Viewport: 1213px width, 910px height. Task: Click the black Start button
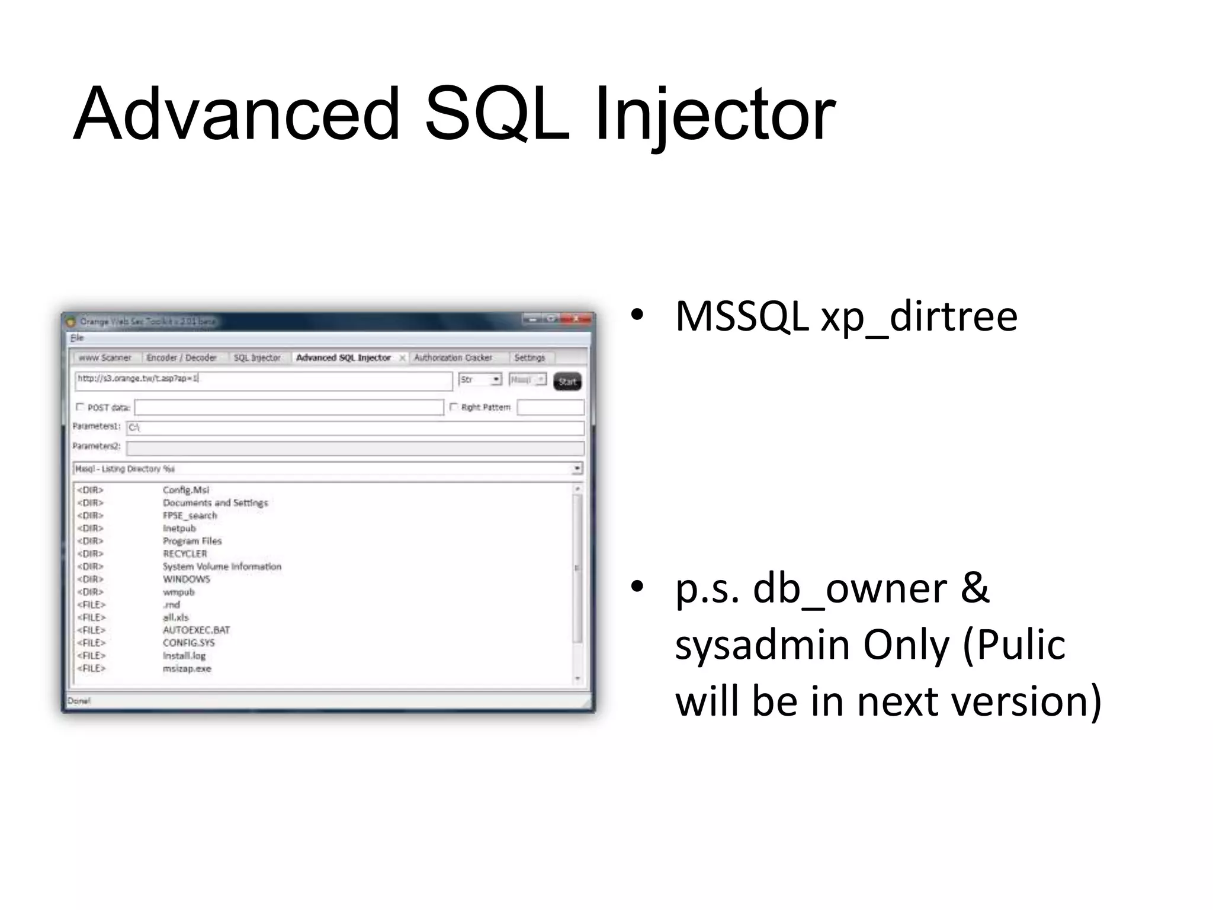(567, 382)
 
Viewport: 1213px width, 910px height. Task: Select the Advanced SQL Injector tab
(343, 358)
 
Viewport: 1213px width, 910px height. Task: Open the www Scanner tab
(105, 358)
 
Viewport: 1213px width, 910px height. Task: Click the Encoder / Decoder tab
(181, 358)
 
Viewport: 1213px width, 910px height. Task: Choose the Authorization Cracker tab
(453, 358)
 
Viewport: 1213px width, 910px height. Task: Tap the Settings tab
(530, 358)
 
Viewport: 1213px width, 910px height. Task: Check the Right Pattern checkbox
(454, 407)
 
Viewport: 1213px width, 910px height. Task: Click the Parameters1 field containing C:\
(355, 428)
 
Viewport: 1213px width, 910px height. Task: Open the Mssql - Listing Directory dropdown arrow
(577, 469)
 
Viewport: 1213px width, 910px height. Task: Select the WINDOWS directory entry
(186, 579)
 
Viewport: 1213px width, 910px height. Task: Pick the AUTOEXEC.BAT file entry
(196, 630)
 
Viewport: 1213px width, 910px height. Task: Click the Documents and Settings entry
(215, 503)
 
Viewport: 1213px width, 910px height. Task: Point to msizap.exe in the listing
(187, 669)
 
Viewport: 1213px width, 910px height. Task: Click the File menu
(77, 338)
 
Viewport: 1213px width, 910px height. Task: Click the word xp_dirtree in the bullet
(919, 317)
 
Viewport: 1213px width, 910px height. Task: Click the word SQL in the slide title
(497, 114)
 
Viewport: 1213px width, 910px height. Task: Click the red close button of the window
(576, 319)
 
